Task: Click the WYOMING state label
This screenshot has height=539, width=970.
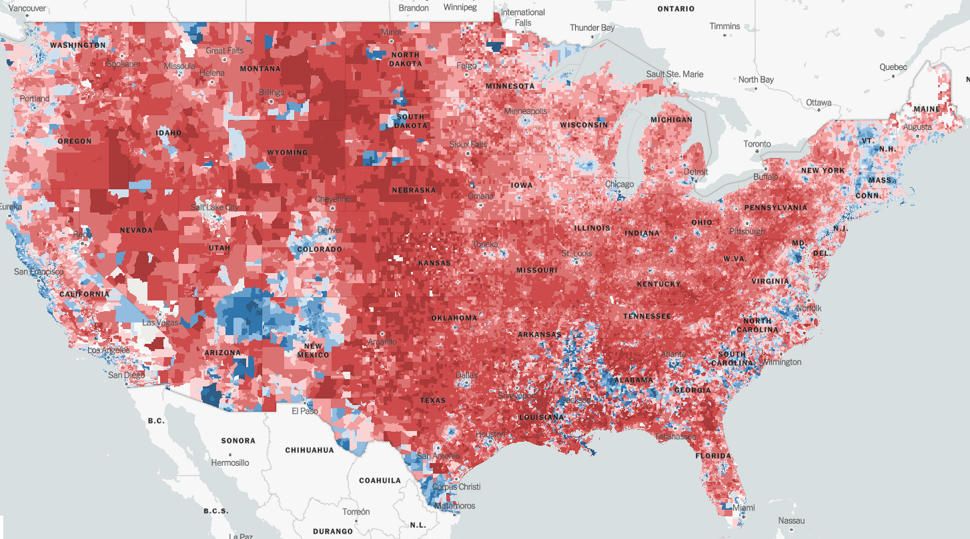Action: [288, 153]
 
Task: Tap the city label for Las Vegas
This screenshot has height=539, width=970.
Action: [159, 323]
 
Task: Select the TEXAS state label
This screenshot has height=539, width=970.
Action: [432, 400]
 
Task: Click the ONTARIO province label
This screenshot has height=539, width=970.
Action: [676, 9]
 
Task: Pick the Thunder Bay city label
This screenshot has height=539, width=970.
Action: [592, 28]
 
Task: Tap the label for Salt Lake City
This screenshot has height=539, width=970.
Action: [214, 207]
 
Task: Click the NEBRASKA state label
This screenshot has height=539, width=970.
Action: [414, 190]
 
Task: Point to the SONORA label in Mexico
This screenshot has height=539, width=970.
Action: [238, 440]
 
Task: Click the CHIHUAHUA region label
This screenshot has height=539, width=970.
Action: [310, 450]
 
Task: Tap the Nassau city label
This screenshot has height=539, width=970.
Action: [791, 520]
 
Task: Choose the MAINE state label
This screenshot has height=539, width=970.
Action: [927, 109]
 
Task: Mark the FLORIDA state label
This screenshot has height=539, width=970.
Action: [713, 456]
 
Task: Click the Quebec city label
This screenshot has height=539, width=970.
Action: [893, 67]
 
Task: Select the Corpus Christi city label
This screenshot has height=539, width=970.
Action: [456, 486]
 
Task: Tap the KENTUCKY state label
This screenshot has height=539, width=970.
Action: [658, 284]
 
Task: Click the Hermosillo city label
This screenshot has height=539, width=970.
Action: [229, 462]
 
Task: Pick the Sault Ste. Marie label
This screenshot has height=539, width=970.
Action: [674, 74]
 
